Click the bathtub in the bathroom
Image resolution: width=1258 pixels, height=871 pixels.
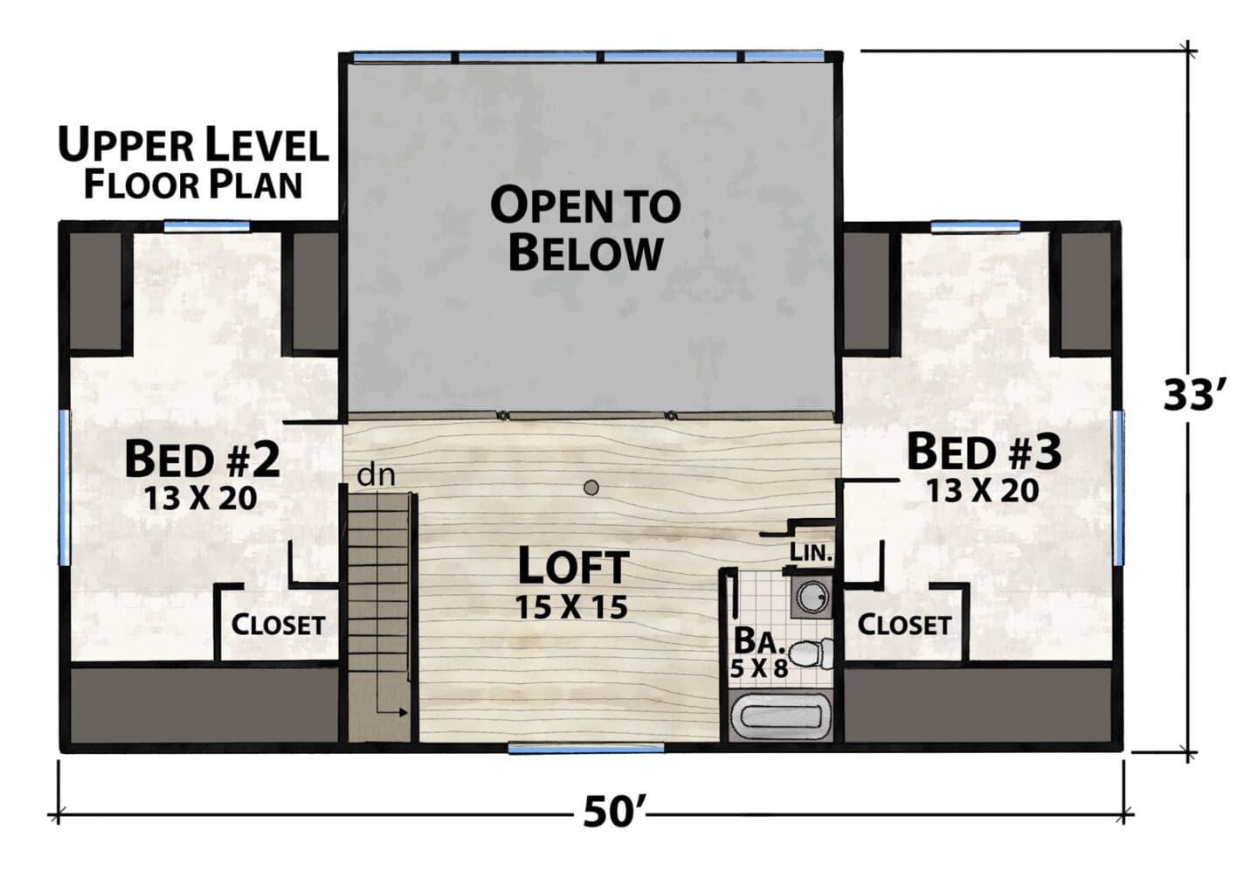coord(781,717)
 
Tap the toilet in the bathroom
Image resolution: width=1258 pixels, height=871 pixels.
coord(811,653)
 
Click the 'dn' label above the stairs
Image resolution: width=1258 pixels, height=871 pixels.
coord(376,475)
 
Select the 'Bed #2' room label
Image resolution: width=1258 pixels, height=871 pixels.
coord(202,459)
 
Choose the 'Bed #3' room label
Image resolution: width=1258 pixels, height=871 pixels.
coord(984,452)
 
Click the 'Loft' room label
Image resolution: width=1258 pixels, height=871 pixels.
coord(572,567)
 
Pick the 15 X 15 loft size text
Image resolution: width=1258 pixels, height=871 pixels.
coord(571,607)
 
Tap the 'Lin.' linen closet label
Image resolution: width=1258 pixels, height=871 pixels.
coord(811,553)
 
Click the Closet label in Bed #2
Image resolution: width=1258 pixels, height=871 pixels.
coord(278,625)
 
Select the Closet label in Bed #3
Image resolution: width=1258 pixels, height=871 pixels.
coord(903,625)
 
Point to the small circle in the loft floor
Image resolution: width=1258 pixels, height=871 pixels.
coord(591,487)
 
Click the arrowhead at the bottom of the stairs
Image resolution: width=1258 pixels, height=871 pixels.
coord(403,713)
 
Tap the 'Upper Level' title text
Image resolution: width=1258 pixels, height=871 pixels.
coord(193,145)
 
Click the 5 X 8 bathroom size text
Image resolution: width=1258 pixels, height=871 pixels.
coord(758,668)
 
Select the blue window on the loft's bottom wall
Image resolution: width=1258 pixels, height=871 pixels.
coord(585,749)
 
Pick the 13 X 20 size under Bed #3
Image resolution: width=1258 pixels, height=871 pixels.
coord(982,491)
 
